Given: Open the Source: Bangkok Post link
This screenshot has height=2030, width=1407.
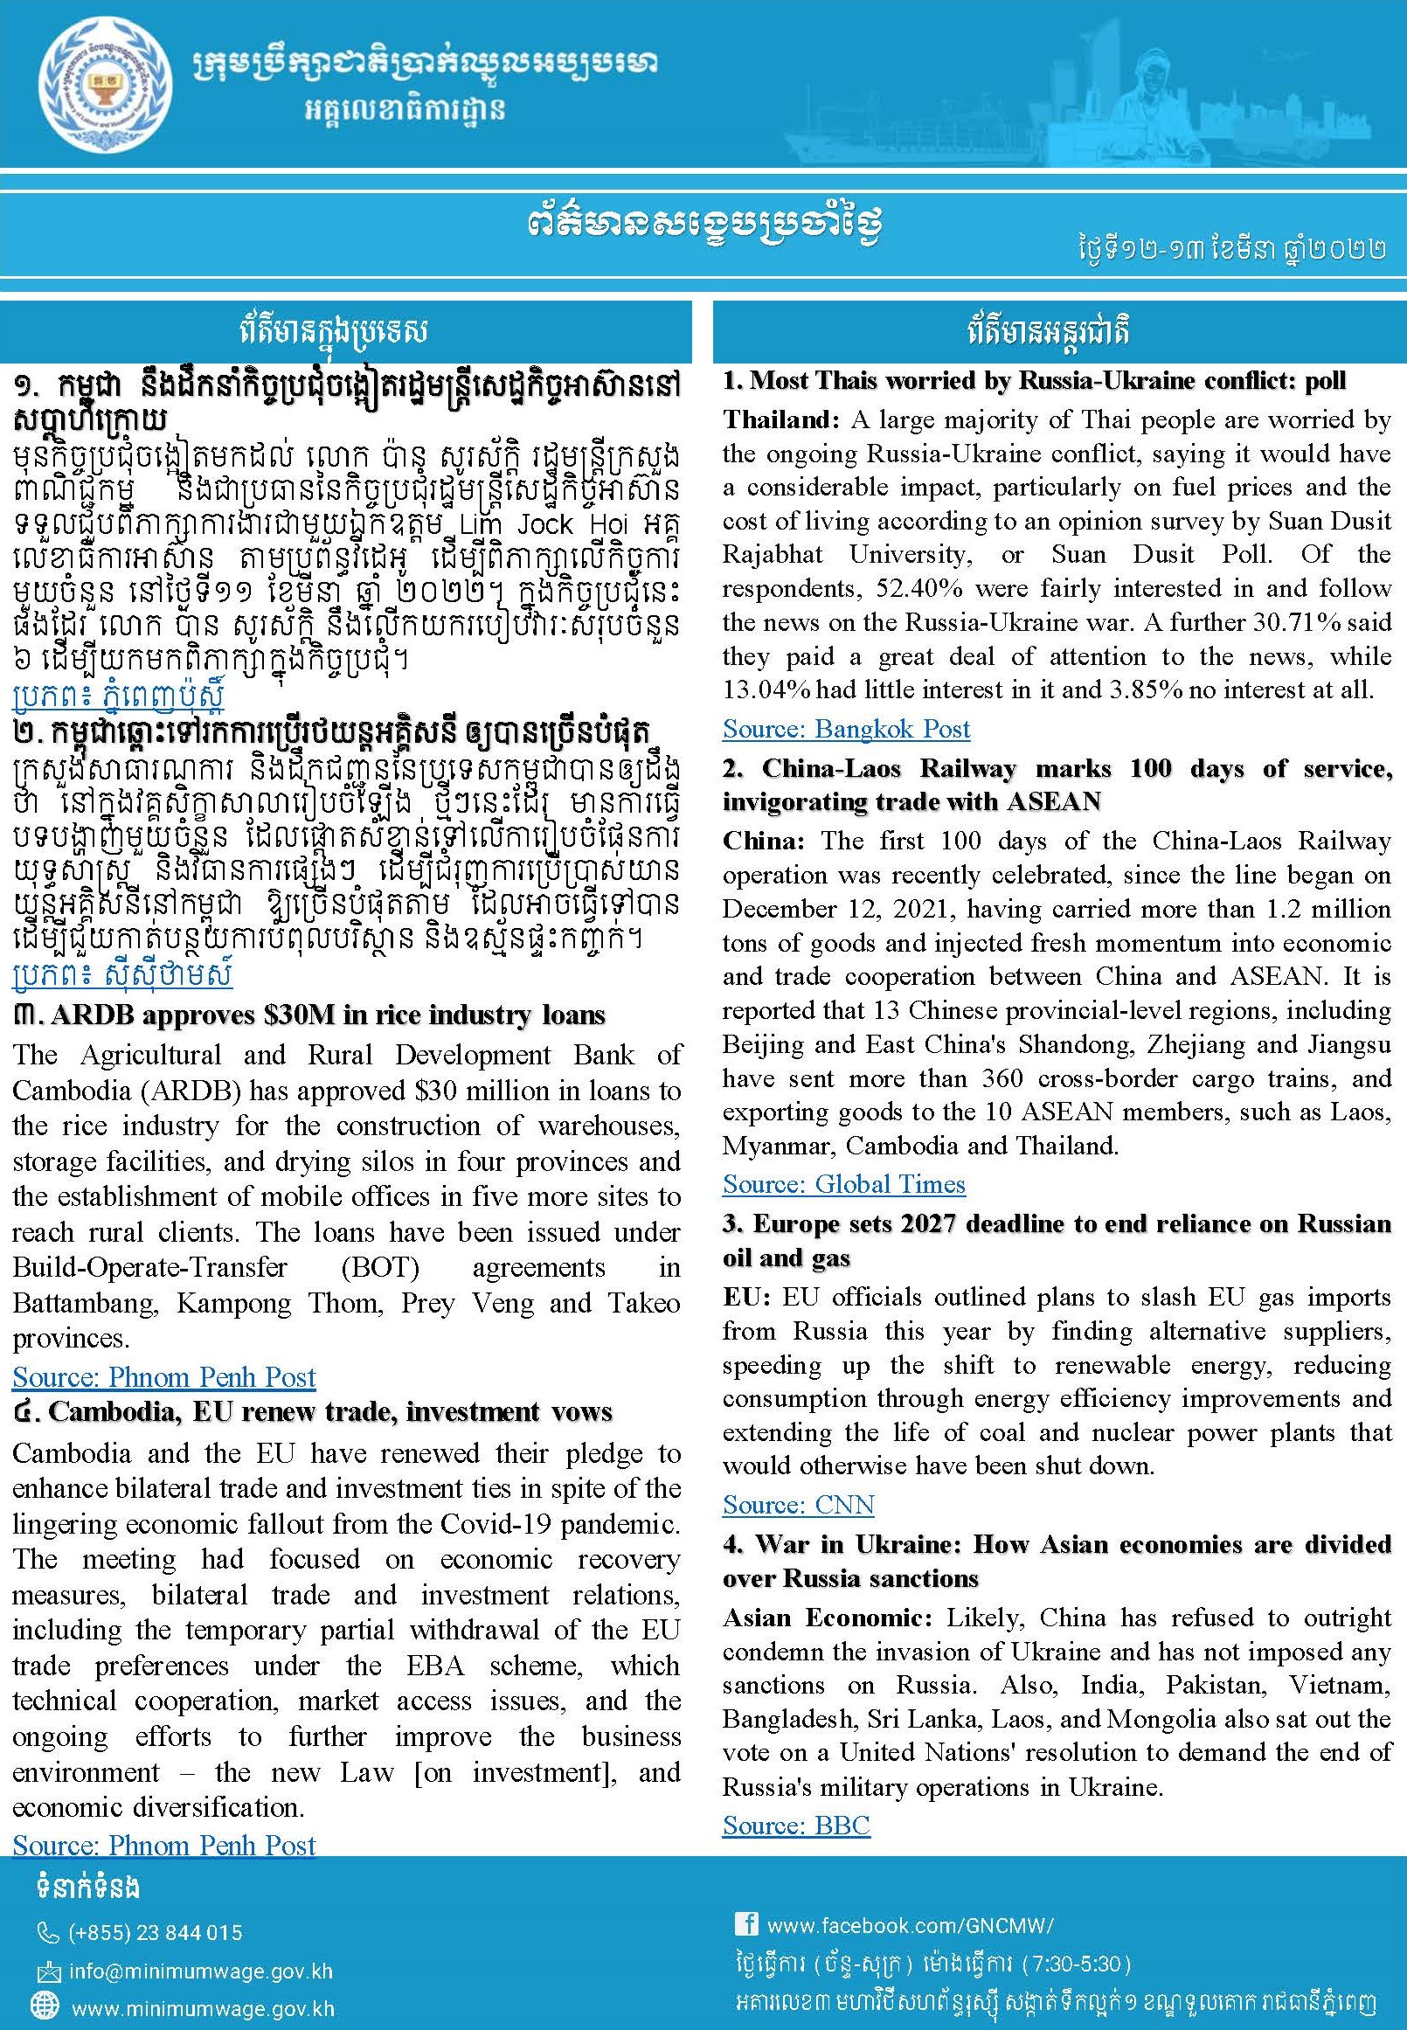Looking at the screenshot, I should coord(845,729).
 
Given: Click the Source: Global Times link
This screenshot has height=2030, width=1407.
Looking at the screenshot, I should coord(843,1184).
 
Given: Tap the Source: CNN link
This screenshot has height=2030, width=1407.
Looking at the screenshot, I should coord(798,1505).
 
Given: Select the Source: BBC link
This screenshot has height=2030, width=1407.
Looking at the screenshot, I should coord(796,1826).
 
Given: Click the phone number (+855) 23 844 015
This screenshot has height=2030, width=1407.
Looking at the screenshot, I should coord(155,1933).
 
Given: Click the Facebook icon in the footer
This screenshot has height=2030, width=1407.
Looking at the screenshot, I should coord(745,1923).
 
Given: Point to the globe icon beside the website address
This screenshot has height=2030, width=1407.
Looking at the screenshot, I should coord(44,2009).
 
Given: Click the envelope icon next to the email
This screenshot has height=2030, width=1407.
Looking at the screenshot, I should coord(46,1971).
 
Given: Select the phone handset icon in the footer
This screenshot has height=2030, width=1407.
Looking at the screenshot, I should coord(47,1934).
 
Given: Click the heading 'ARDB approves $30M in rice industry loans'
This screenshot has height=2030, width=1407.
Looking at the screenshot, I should coord(327,1015).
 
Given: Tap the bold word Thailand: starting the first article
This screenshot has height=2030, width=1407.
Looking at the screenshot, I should coord(781,419).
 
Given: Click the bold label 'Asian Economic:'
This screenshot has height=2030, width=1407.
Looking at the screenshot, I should coord(827,1618).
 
